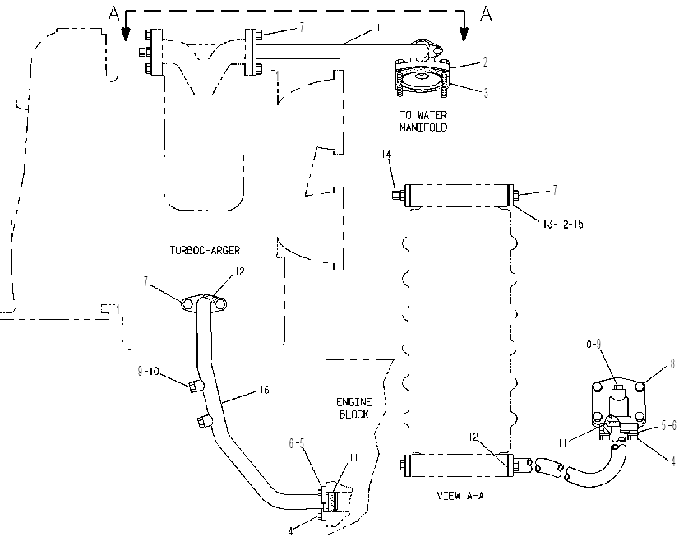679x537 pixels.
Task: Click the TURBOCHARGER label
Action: tap(205, 250)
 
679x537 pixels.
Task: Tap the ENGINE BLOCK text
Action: tap(353, 409)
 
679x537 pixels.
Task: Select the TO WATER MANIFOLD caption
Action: tap(423, 121)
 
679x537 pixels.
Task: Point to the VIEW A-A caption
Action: tap(460, 496)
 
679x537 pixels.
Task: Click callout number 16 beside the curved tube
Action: tap(264, 390)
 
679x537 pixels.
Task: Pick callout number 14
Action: tap(386, 155)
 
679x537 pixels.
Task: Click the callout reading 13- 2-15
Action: tap(563, 224)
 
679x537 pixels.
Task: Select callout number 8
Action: tap(672, 364)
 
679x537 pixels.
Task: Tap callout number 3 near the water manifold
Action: tap(486, 93)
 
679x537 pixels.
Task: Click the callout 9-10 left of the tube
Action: tap(149, 371)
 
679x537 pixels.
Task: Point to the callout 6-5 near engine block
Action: tap(297, 443)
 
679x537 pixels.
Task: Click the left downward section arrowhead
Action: tap(126, 35)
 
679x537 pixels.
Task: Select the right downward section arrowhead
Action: tap(464, 35)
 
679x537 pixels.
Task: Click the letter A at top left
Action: tap(113, 13)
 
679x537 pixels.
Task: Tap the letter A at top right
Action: tap(487, 13)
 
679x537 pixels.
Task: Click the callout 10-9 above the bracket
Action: tap(592, 345)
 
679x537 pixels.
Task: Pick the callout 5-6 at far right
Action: tap(668, 426)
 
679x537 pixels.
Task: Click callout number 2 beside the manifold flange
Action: tap(486, 62)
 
